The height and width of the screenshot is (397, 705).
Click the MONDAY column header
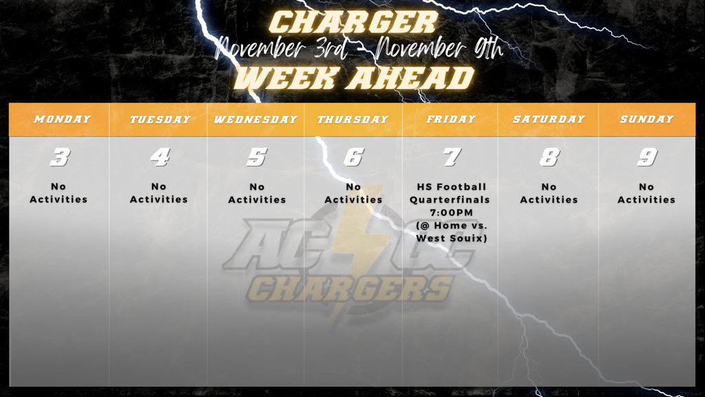click(x=62, y=119)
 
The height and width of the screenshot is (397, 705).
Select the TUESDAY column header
click(x=160, y=119)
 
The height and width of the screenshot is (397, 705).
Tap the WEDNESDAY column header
click(x=255, y=119)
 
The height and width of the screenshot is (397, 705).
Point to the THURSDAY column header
click(x=352, y=119)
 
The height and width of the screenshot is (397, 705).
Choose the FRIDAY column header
click(x=451, y=119)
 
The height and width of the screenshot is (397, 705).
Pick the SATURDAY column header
click(x=548, y=119)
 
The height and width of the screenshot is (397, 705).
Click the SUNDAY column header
click(x=646, y=119)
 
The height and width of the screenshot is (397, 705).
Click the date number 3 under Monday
click(x=60, y=157)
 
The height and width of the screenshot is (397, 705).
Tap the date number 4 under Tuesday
click(x=160, y=157)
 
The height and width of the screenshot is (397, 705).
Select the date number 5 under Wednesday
click(x=256, y=157)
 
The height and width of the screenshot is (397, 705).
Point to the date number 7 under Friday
click(x=451, y=157)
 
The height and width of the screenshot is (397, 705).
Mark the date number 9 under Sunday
click(x=646, y=157)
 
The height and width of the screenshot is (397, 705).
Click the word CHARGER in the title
click(x=352, y=22)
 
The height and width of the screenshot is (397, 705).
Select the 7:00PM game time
click(x=451, y=212)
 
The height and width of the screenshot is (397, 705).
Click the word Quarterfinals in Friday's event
click(x=451, y=200)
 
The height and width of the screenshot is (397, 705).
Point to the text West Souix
click(x=451, y=238)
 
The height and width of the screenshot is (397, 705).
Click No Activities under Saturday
click(x=549, y=193)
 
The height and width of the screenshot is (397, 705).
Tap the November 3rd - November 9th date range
click(x=358, y=49)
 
